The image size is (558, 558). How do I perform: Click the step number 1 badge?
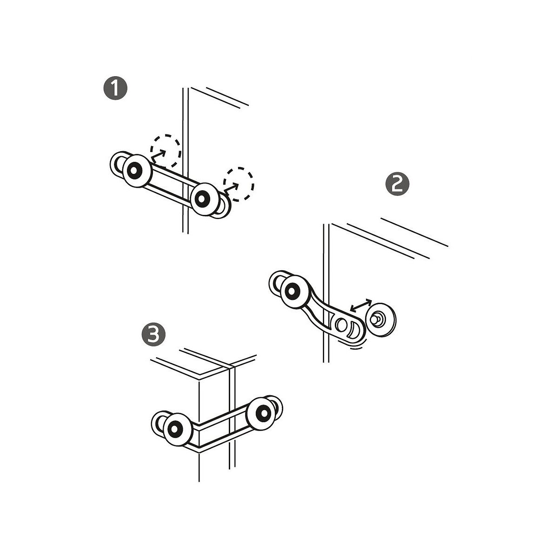[115, 88]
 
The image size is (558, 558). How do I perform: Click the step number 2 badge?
[397, 185]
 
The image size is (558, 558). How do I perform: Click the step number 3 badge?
[153, 334]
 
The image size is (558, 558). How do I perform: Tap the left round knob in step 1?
[137, 171]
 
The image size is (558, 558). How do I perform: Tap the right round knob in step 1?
[205, 199]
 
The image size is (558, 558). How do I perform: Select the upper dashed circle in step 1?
[166, 151]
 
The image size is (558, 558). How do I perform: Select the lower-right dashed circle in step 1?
[239, 184]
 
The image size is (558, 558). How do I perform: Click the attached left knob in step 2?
[295, 292]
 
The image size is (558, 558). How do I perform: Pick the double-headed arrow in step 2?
[361, 306]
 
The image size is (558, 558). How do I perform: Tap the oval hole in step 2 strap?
[340, 325]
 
